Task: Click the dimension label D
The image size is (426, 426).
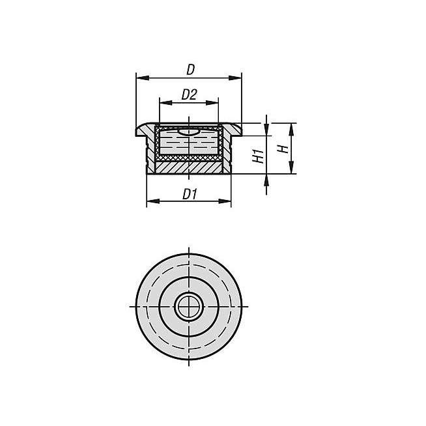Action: pos(190,70)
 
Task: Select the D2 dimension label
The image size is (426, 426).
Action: pos(189,94)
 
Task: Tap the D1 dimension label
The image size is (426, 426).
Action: pos(190,194)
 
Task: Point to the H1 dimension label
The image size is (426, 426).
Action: pos(259,156)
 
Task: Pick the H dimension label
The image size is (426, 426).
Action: pos(283,149)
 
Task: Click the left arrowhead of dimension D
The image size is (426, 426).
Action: pos(143,78)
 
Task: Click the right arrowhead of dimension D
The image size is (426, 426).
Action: pos(235,78)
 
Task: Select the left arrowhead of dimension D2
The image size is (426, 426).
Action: pos(165,103)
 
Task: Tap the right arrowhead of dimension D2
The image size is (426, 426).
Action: pos(212,103)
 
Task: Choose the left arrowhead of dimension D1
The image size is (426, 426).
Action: pos(153,201)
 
